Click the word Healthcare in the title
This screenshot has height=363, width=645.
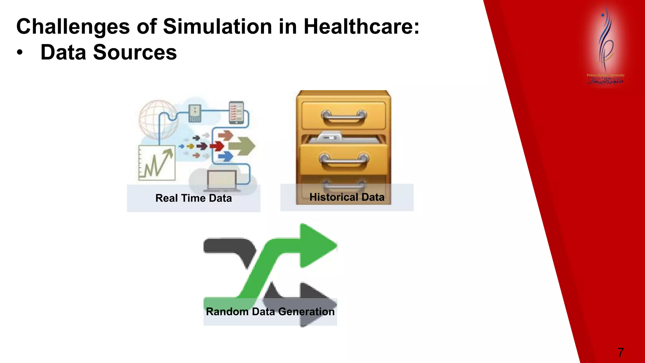[361, 26]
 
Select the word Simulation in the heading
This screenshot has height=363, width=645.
[217, 26]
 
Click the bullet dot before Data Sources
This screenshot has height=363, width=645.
[20, 53]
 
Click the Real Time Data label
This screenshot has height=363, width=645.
[193, 198]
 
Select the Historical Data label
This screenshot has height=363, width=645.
[347, 197]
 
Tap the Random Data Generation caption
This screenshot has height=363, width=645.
[270, 312]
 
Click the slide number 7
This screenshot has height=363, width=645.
[620, 352]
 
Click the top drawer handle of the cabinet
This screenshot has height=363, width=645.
[344, 116]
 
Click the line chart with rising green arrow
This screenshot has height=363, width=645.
[157, 163]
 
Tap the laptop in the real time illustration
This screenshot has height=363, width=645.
[222, 181]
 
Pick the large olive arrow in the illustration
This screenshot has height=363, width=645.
[242, 146]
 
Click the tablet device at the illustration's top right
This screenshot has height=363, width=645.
[237, 112]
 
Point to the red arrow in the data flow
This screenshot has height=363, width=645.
[217, 146]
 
